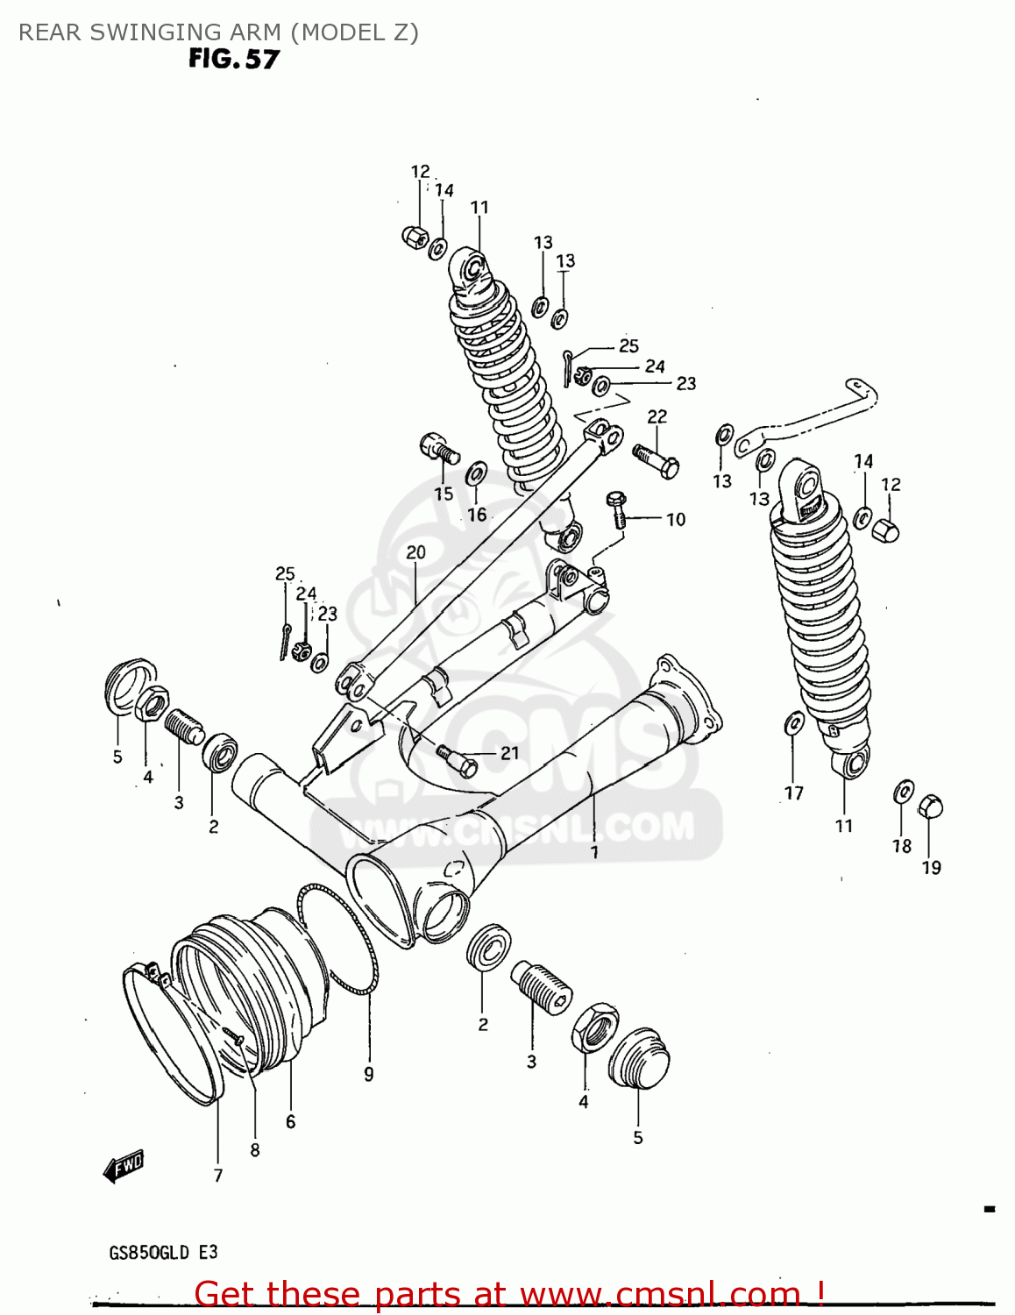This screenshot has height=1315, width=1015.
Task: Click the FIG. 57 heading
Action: [x=233, y=59]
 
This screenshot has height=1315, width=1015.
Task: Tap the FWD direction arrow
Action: [x=124, y=1166]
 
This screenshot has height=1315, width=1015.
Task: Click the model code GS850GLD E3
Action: [x=163, y=1252]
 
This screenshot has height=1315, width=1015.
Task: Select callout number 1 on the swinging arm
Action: [x=594, y=851]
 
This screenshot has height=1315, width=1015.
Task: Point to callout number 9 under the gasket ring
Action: [x=369, y=1074]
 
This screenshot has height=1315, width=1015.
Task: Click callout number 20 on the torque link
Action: [x=415, y=552]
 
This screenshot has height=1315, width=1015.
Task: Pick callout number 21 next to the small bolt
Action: [x=509, y=753]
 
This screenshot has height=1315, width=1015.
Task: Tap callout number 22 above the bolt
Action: [x=657, y=416]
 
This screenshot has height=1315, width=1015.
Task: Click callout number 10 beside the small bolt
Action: [x=675, y=519]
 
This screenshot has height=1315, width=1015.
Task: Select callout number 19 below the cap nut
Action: [x=931, y=867]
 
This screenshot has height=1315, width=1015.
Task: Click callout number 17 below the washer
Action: [x=793, y=793]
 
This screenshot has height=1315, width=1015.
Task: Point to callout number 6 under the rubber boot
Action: [x=290, y=1121]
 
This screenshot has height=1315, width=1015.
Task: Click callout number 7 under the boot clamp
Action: [x=218, y=1175]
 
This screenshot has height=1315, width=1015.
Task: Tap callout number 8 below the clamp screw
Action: [x=254, y=1149]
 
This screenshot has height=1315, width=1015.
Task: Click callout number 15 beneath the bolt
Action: [x=444, y=494]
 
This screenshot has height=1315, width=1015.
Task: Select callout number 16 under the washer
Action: [x=476, y=515]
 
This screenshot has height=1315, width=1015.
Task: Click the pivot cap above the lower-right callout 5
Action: [x=639, y=1058]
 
